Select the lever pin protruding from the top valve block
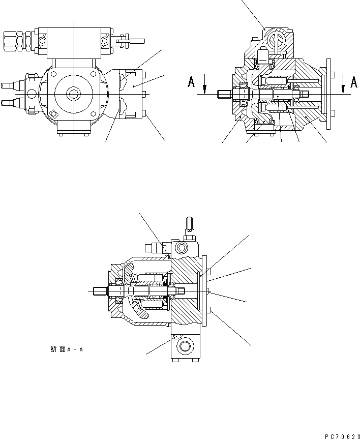tap(124, 39)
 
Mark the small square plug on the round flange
tap(53, 114)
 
